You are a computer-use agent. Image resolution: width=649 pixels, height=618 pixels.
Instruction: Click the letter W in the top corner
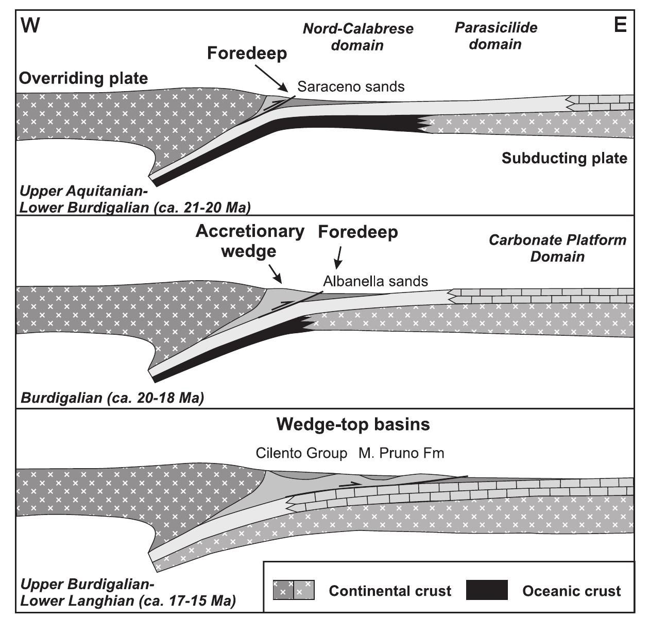(x=31, y=25)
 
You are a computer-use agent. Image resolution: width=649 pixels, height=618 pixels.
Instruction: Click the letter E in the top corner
(x=621, y=25)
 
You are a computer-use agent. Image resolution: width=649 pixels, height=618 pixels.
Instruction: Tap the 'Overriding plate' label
(x=83, y=78)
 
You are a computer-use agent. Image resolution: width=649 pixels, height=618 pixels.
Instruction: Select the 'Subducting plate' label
(x=565, y=158)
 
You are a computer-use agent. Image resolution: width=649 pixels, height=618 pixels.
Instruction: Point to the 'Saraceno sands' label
(x=351, y=87)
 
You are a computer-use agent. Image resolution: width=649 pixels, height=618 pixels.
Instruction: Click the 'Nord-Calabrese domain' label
(x=358, y=37)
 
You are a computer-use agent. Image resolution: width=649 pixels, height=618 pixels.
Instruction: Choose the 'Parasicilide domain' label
(x=496, y=36)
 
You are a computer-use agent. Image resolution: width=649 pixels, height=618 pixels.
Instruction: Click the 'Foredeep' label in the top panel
(x=247, y=53)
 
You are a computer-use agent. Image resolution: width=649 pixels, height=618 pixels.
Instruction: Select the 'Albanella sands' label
(x=375, y=281)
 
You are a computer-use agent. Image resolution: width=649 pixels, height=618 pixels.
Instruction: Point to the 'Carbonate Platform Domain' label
(x=558, y=248)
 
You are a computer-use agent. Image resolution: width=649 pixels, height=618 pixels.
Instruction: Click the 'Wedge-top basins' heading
(x=353, y=424)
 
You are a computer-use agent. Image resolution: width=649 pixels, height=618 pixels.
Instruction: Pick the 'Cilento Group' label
(x=302, y=453)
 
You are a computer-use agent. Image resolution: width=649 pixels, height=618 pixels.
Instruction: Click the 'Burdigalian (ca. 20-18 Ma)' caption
(x=112, y=398)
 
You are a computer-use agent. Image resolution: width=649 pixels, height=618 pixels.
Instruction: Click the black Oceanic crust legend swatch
(x=487, y=590)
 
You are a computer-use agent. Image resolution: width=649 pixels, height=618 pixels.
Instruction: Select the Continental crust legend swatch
(x=293, y=590)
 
